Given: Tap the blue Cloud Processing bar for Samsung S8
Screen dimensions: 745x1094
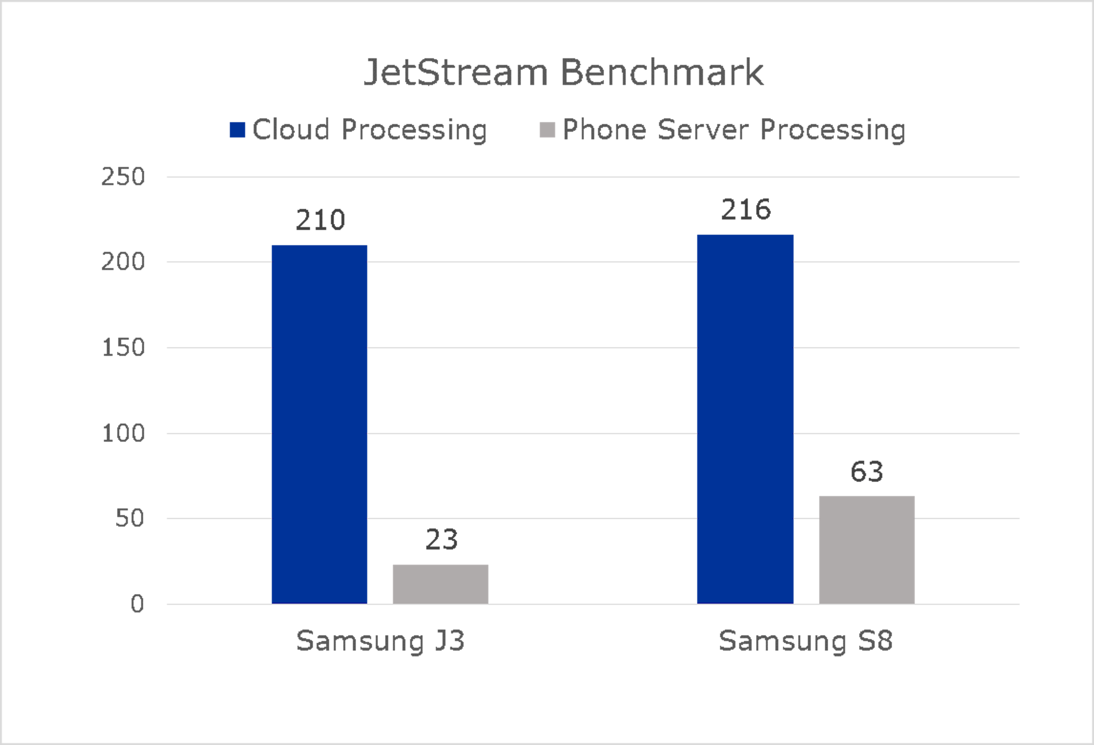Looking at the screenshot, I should [x=745, y=419].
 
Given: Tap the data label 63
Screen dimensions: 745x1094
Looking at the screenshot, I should [x=867, y=472].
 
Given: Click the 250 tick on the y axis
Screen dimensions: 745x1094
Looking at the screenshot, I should [x=123, y=177].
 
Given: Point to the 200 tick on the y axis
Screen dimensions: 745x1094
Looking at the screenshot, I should [x=123, y=262].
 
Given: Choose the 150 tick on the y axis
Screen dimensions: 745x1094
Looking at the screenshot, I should [x=123, y=348].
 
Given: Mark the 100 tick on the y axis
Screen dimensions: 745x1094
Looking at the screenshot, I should [x=123, y=433].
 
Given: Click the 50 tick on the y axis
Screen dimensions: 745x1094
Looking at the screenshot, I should [x=129, y=518].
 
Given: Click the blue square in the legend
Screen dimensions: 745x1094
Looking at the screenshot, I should [x=237, y=130].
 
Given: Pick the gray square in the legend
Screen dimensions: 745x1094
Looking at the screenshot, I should [x=547, y=130].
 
